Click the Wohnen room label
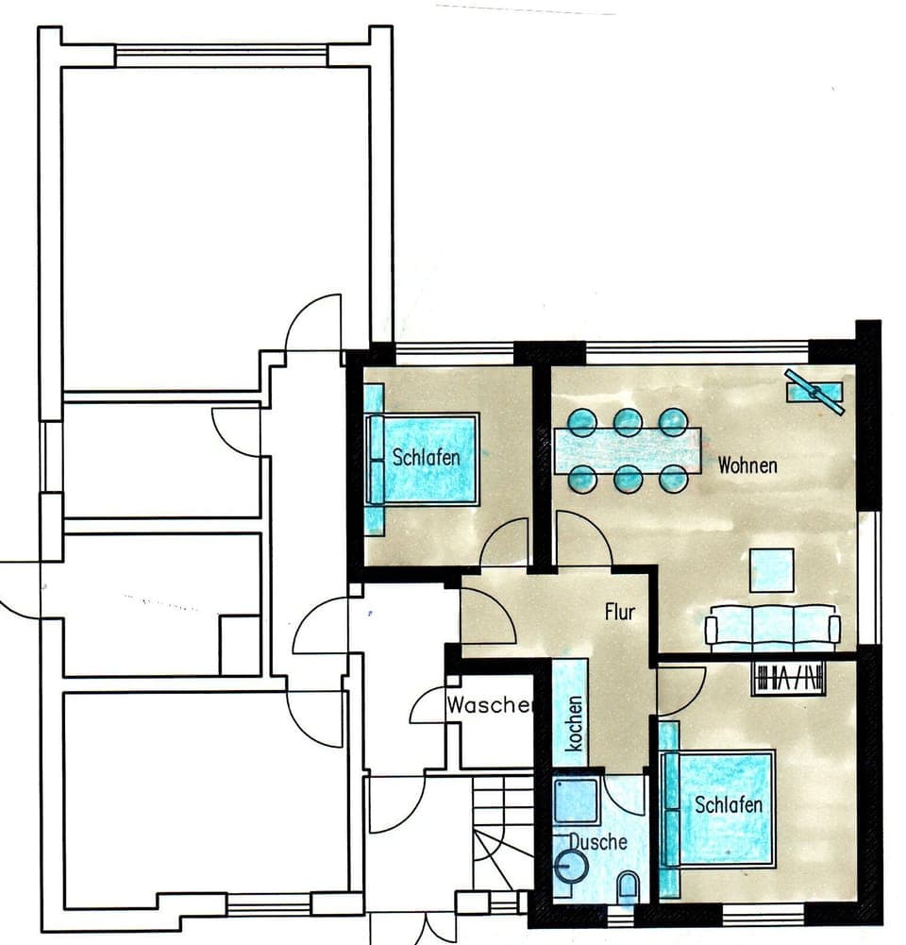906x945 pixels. tap(747, 465)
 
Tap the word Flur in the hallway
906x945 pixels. tap(620, 612)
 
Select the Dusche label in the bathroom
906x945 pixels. tap(597, 841)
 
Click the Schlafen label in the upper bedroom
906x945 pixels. tap(426, 458)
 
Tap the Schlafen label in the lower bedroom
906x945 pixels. tap(729, 805)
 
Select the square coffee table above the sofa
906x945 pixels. tap(771, 570)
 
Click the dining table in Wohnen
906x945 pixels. tap(628, 450)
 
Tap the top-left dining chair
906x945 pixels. tap(582, 420)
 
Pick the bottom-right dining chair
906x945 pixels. tap(673, 480)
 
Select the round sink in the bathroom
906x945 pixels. tap(571, 865)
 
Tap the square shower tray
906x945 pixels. tap(576, 801)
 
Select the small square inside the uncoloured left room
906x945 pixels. tap(240, 645)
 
